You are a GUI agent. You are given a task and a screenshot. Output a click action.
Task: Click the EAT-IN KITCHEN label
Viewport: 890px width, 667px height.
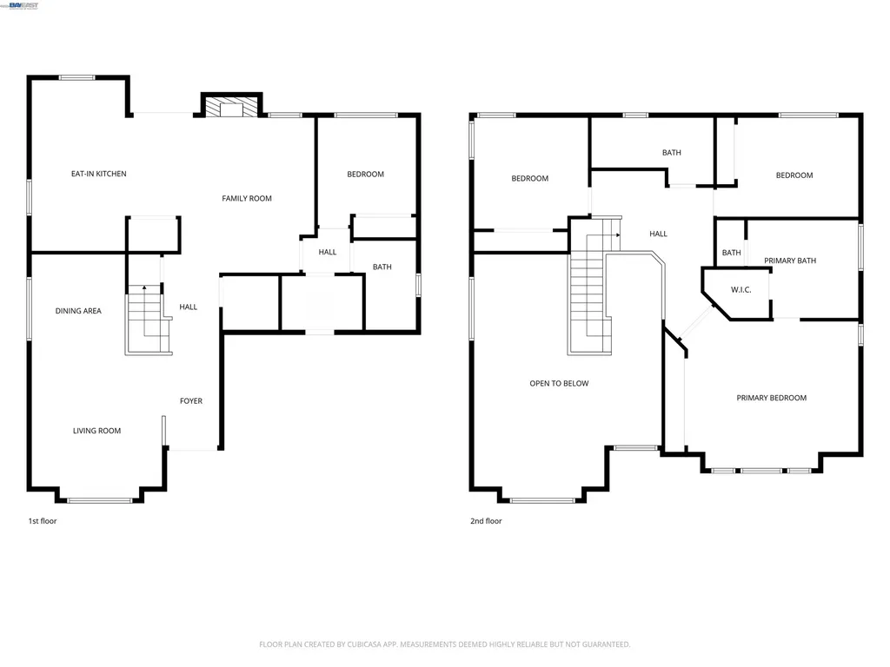tap(99, 174)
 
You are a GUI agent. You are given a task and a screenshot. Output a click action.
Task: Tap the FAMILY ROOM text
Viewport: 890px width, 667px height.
tap(246, 198)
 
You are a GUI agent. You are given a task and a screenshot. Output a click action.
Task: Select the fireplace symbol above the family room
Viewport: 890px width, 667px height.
tap(231, 108)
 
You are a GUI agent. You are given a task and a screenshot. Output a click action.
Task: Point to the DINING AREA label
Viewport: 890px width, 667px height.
tap(78, 311)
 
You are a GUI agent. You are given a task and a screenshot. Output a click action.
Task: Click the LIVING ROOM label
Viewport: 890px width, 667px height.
tap(96, 431)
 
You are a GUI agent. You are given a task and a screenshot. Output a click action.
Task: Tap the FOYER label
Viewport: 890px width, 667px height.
tap(190, 400)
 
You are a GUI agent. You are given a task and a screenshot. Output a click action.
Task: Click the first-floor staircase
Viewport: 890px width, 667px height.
tap(148, 320)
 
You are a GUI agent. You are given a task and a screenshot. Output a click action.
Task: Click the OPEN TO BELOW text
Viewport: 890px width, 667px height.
tap(559, 383)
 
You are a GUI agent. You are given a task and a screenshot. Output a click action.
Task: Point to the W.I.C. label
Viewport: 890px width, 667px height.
tap(741, 289)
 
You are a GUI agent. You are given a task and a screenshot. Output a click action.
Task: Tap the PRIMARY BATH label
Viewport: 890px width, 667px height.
tap(789, 261)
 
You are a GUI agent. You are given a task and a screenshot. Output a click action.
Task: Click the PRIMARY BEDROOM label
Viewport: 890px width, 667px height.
tap(772, 398)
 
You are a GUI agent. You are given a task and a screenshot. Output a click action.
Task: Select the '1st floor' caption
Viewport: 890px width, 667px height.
tap(43, 521)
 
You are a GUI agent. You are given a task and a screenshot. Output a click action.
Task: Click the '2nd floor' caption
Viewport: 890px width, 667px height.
tap(486, 521)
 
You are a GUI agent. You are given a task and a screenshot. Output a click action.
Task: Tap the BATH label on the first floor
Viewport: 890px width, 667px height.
tap(382, 267)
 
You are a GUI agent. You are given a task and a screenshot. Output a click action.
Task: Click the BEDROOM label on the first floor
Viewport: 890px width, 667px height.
tap(366, 174)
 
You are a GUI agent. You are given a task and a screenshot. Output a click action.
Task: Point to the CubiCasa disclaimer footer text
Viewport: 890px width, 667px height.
tap(444, 644)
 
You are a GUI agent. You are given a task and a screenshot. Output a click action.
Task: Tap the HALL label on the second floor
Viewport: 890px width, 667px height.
tap(659, 234)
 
